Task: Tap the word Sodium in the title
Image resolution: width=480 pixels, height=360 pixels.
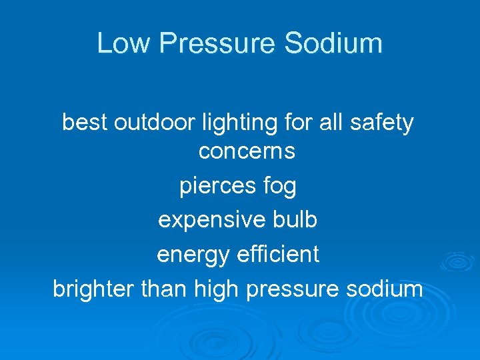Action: click(x=333, y=43)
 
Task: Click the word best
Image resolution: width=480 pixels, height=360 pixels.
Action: click(x=85, y=123)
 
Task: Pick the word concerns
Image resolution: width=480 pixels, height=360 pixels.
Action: click(x=247, y=152)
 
